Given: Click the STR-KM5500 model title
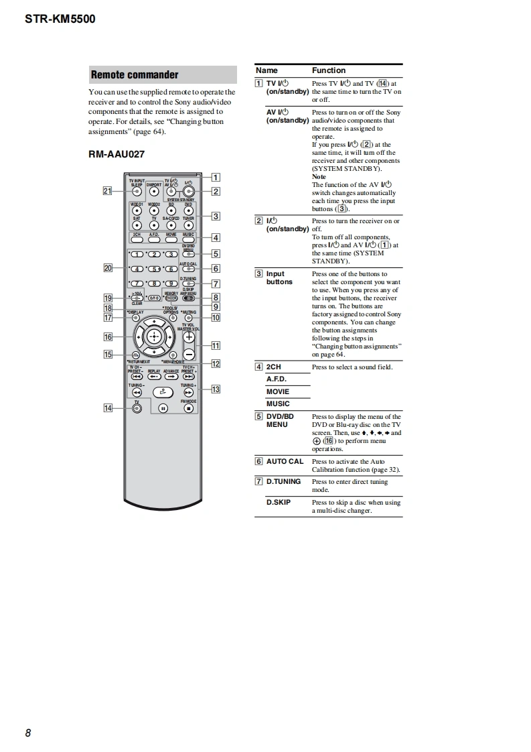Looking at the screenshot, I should coord(60,19).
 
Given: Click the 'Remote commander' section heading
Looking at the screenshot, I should coord(135,74).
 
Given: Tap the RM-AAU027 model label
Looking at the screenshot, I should coord(117,154).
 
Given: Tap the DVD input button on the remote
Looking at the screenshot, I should coord(188,208).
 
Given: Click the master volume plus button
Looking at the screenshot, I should coord(189,337).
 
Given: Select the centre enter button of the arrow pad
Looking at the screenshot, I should coord(154,336).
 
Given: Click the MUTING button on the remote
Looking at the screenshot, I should coord(189,317).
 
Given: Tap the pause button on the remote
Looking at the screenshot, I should coord(163,407).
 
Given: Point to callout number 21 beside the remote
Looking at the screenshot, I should coord(107,191).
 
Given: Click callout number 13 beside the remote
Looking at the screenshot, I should coord(216,389).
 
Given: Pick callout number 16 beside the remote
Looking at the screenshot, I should coord(107,337).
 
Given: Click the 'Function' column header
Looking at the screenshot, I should coord(329,70).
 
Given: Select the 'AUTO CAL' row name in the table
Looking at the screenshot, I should coord(285,462).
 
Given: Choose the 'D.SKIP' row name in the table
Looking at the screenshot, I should coord(279,502).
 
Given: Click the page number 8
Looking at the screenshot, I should coord(28,733).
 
